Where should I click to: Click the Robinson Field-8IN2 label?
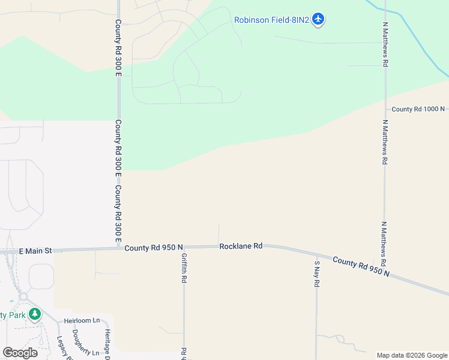[x=271, y=20]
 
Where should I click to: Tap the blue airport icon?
[x=318, y=20]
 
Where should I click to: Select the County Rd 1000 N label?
[x=418, y=109]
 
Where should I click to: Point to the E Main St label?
[x=36, y=251]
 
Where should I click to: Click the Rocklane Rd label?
[x=241, y=246]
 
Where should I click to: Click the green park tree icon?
[x=35, y=314]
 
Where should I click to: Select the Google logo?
[x=20, y=352]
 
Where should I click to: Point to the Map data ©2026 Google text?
[x=412, y=355]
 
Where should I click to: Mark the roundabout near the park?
[x=24, y=296]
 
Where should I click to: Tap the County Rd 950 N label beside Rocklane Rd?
[x=154, y=247]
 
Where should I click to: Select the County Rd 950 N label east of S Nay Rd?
[x=361, y=267]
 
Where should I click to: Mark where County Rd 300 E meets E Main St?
[x=118, y=248]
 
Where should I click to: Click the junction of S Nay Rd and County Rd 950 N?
[x=316, y=255]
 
